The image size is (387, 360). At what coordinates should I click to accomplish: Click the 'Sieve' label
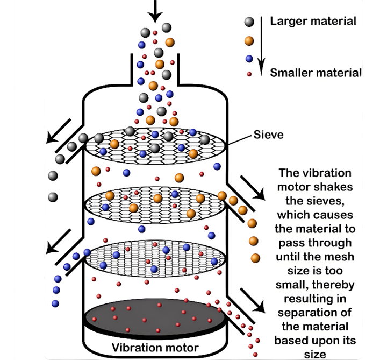click(268, 136)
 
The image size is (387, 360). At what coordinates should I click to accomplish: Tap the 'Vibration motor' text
click(155, 347)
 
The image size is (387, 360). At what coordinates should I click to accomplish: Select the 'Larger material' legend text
click(313, 22)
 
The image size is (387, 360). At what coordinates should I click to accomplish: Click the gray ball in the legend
click(248, 22)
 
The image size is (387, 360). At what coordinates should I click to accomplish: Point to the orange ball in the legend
click(248, 40)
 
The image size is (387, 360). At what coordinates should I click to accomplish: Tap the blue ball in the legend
click(248, 58)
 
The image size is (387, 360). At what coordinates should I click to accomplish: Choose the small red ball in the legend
click(248, 73)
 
